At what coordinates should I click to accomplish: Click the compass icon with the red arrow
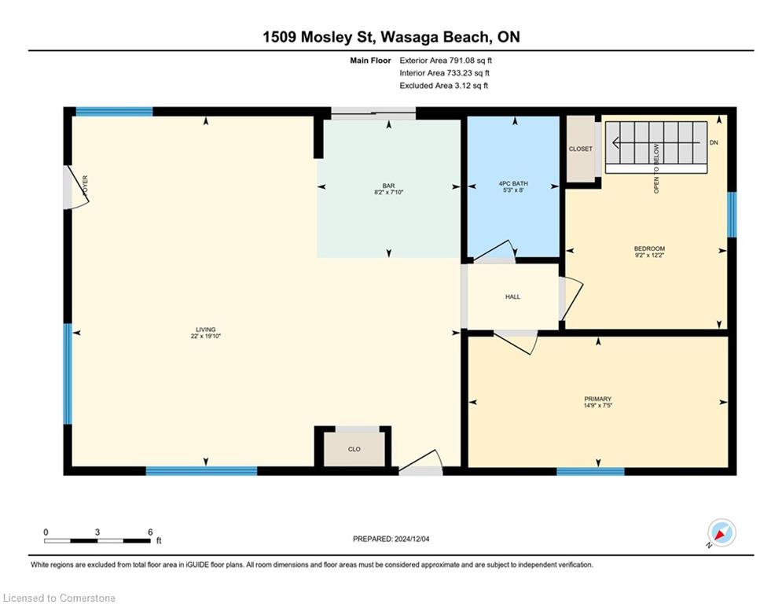coord(721,532)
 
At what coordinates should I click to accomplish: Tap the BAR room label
coord(388,186)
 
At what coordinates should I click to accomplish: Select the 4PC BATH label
coord(513,184)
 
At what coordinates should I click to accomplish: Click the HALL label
coord(512,296)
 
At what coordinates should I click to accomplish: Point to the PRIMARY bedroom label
coord(597,399)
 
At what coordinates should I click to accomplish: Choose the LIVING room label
coord(205,330)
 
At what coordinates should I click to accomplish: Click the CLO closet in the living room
coord(354,449)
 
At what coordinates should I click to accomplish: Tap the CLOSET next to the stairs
coord(581,149)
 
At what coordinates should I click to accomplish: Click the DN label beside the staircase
coord(714,142)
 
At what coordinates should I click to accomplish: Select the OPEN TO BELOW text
coord(656,169)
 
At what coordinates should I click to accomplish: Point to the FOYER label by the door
coord(86,185)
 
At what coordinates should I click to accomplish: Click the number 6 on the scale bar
coord(150,532)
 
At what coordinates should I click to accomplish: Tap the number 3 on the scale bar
coord(97,532)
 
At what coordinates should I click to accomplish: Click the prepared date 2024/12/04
coord(412,539)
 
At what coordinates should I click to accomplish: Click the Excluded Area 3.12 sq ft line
coord(443,86)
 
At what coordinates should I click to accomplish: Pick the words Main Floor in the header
coord(370,61)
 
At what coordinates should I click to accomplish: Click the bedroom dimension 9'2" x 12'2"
coord(649,255)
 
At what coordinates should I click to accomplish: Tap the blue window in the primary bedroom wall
coord(590,471)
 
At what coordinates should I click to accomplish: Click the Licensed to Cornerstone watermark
coord(59,598)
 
